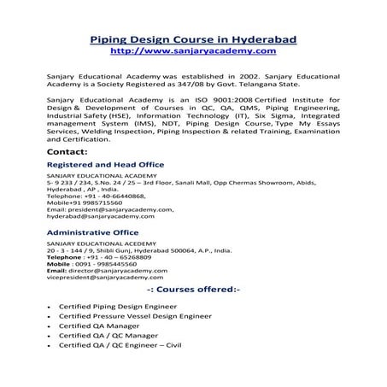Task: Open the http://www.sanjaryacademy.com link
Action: coord(193,51)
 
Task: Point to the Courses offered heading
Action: coord(194,290)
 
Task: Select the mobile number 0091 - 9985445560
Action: coord(109,263)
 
